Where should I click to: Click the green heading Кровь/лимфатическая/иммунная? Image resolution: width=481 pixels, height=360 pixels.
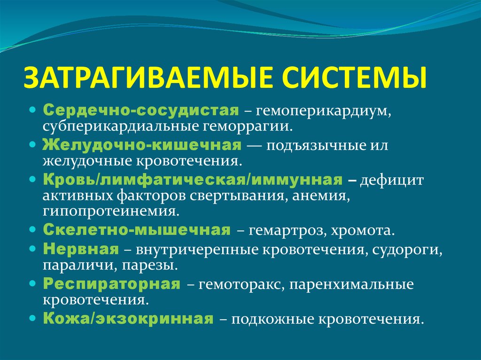coord(192,180)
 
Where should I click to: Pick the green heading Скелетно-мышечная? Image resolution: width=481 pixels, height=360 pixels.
coord(137,230)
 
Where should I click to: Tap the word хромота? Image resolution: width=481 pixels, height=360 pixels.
coord(363,231)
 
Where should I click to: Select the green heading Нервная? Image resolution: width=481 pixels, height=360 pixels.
coord(81,248)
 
